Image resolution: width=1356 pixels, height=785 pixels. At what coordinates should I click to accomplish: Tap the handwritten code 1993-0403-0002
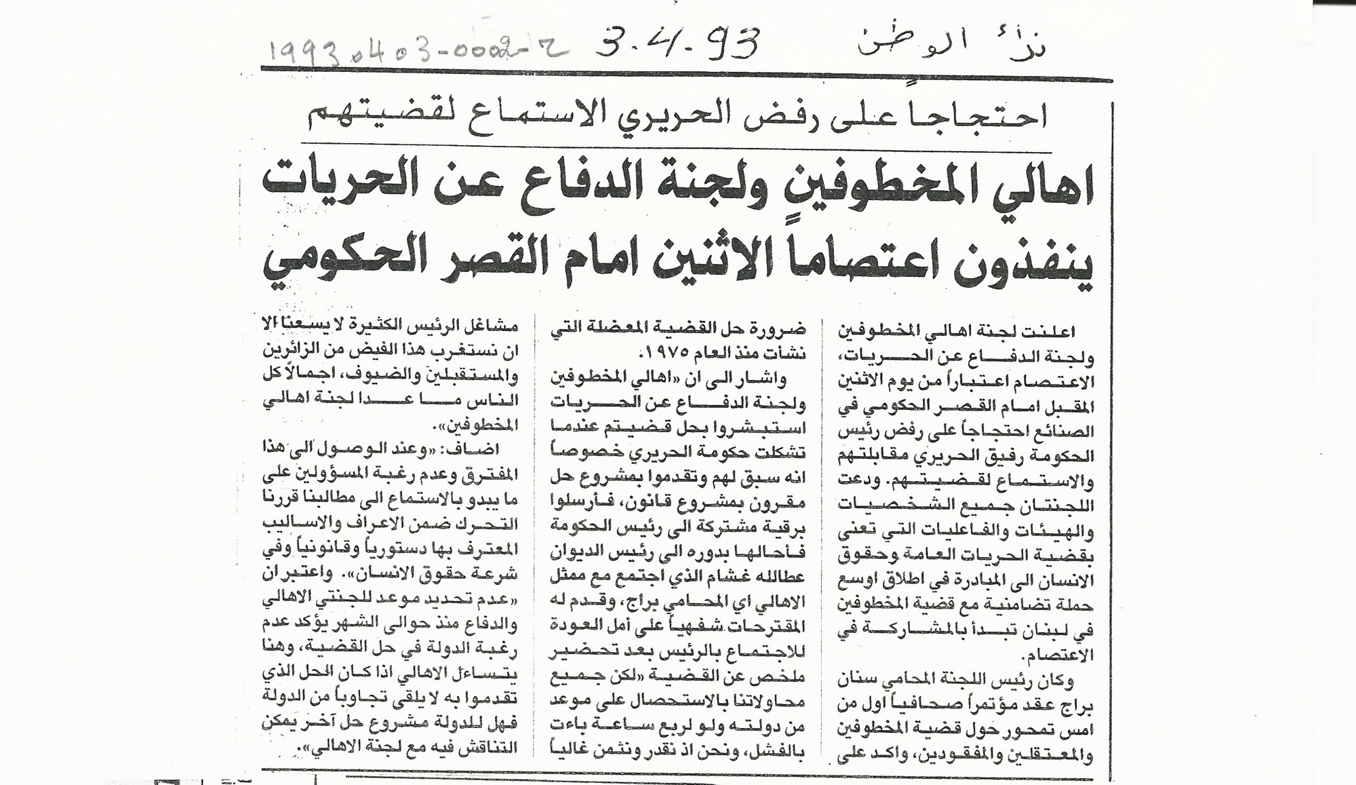(414, 49)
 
